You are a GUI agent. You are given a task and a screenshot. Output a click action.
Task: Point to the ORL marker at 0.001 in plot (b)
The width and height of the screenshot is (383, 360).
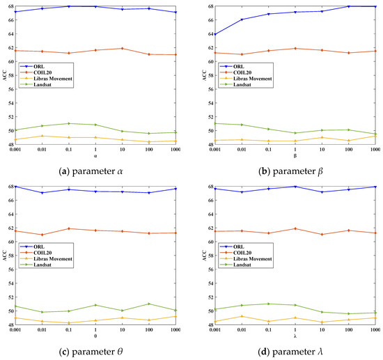click(215, 34)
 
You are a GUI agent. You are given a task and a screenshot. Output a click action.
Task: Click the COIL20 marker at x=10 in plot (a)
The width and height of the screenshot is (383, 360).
click(122, 49)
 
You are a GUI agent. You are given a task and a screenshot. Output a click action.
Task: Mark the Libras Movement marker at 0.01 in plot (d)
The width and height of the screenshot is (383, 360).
click(242, 316)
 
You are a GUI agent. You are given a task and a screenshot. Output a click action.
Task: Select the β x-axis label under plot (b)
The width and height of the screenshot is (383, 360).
click(295, 155)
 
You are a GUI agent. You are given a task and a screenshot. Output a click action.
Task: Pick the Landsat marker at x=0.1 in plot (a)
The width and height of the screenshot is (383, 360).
click(68, 123)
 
